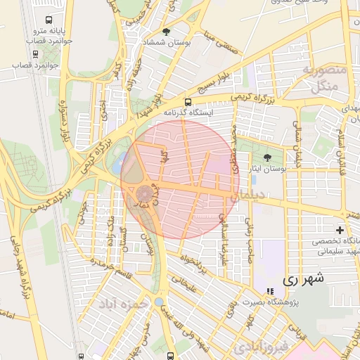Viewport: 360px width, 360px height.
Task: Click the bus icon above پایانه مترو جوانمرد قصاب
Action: [48, 20]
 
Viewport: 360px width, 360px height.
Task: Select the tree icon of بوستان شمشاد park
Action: [166, 32]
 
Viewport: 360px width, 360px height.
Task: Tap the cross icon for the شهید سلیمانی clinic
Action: [340, 230]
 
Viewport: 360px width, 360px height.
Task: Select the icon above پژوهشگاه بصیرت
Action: [270, 291]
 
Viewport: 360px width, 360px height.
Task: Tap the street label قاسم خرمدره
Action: [97, 268]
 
